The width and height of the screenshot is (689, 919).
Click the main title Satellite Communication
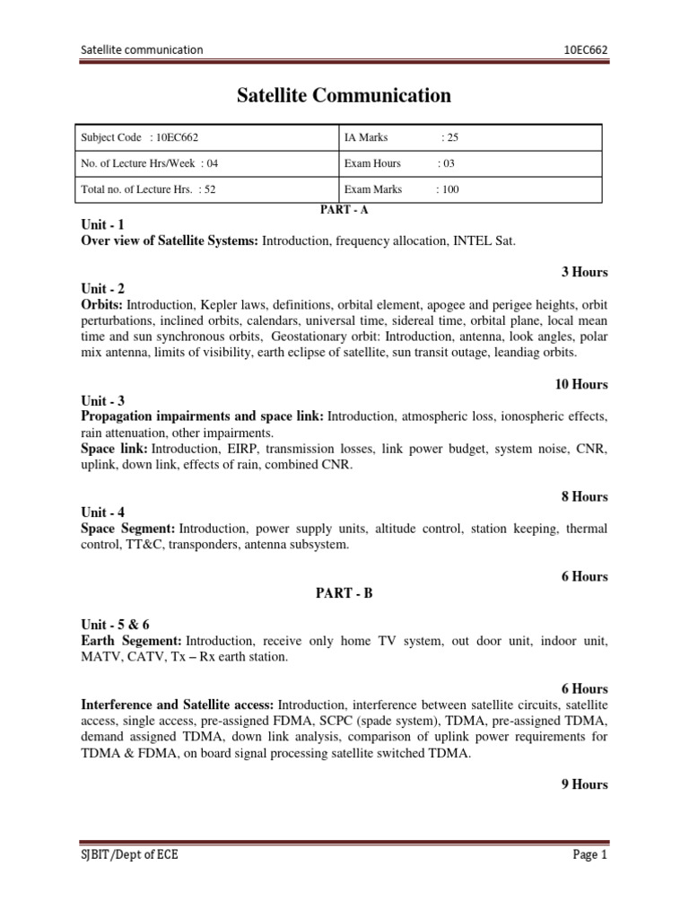[x=344, y=95]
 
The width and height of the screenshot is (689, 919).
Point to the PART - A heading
[x=344, y=209]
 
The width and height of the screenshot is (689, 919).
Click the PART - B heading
[x=344, y=593]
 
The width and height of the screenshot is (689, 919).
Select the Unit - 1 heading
[x=103, y=225]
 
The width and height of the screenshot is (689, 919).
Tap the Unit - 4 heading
[x=103, y=512]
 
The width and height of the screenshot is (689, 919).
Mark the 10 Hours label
[x=581, y=384]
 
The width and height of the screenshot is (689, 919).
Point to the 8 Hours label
[x=585, y=496]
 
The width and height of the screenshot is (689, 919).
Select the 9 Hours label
[x=585, y=783]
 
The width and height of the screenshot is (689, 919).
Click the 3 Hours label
[x=585, y=272]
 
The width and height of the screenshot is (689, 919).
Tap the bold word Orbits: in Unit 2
[x=103, y=305]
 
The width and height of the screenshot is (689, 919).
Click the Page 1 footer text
[x=590, y=855]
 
